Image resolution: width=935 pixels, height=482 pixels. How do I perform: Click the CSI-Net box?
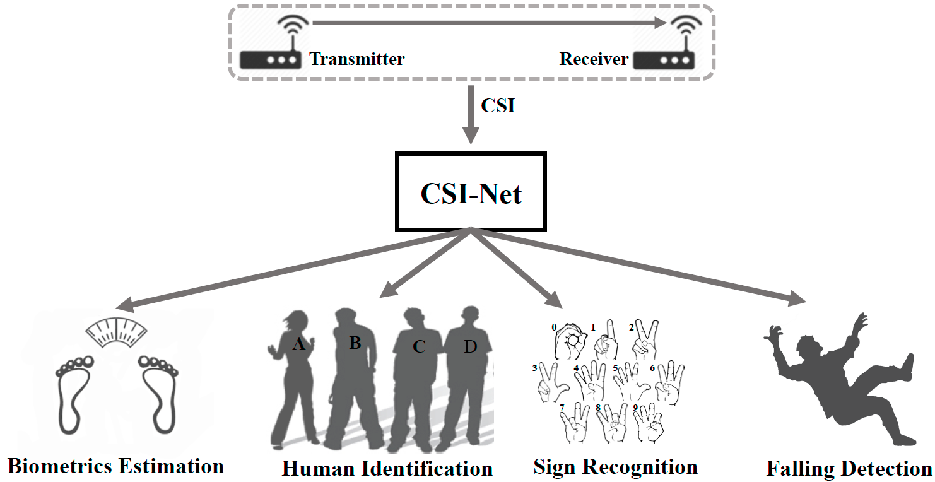pos(471,192)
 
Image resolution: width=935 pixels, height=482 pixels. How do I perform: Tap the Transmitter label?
pos(356,59)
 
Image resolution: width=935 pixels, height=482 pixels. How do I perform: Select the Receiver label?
pos(594,59)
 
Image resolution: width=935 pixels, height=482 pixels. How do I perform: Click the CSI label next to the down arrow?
pos(498,105)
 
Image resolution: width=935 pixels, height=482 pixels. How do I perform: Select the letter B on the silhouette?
pos(355,343)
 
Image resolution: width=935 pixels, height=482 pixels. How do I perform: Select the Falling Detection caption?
pos(849,469)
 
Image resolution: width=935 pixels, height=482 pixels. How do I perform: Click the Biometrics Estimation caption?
pos(115,466)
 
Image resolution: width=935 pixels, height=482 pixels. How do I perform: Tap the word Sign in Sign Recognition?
pos(555,467)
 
